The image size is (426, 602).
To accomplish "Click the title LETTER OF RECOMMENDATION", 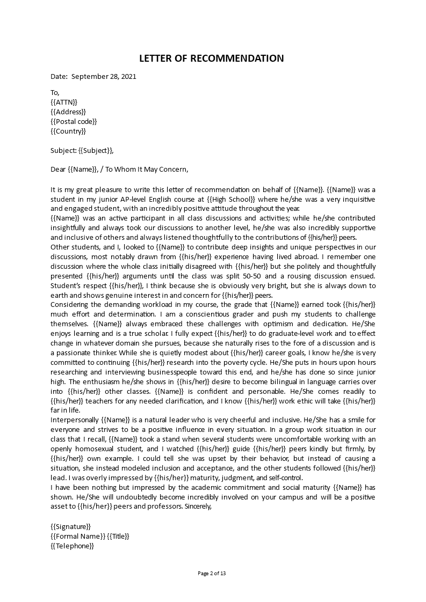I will coord(212,58).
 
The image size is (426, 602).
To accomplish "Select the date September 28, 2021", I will coord(104,76).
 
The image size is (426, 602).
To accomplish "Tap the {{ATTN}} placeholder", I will coord(64,102).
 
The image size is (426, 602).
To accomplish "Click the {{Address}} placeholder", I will coord(68,112).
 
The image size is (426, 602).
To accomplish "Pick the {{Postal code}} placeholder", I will coord(74,121).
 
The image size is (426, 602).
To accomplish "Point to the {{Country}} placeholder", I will coord(68,131).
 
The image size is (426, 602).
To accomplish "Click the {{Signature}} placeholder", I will coord(70,526).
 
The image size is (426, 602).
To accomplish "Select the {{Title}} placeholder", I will coord(118,536).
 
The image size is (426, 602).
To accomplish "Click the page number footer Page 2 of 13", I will coord(212,573).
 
